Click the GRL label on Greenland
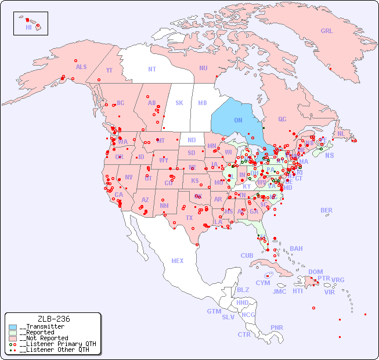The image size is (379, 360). click(x=327, y=31)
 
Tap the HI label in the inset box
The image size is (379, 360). click(x=28, y=27)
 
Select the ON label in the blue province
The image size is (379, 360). click(x=238, y=120)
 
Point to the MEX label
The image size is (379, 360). click(x=178, y=261)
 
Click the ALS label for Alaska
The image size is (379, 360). click(x=81, y=67)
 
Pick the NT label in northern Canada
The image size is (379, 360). click(x=152, y=69)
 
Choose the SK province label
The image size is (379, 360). click(x=179, y=103)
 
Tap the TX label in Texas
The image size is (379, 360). click(x=189, y=218)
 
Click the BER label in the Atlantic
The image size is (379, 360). click(x=327, y=210)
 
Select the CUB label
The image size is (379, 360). click(x=247, y=255)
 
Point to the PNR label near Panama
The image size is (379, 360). click(x=277, y=327)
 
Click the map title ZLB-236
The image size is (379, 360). click(x=53, y=319)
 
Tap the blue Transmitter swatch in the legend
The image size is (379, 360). click(x=13, y=327)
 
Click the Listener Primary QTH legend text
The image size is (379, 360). click(x=57, y=344)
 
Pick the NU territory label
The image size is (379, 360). click(x=203, y=68)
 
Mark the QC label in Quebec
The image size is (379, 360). click(x=282, y=120)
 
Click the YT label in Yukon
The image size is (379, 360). click(x=109, y=70)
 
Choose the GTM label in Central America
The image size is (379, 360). click(x=214, y=311)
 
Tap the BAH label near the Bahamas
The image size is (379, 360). click(x=296, y=249)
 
